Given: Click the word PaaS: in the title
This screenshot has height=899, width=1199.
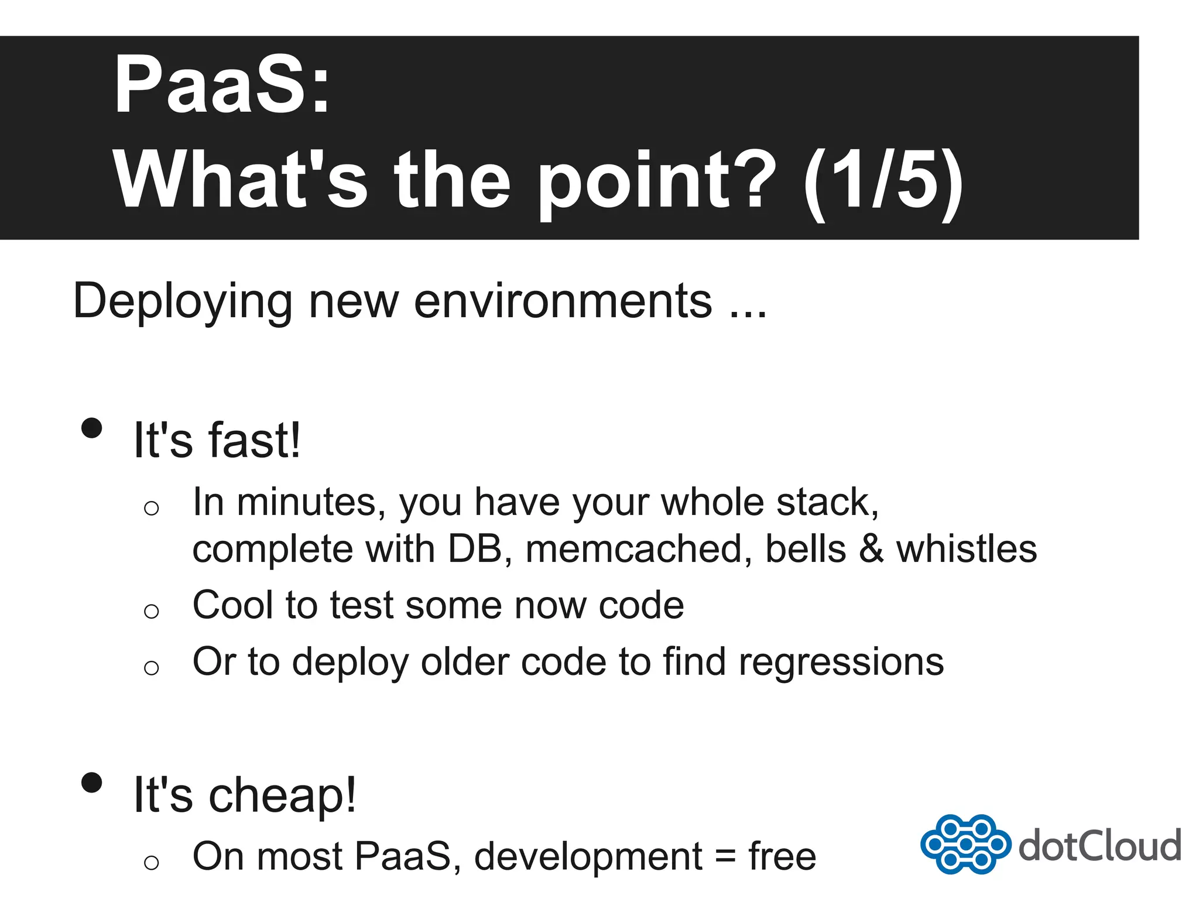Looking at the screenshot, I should point(221,85).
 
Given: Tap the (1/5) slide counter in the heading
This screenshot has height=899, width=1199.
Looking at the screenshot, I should point(883,180).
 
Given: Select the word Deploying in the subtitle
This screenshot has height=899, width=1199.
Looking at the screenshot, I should point(182,302).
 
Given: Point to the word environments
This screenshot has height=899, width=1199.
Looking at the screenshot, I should point(563,302).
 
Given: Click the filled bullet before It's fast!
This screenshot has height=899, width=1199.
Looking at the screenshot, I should point(92,428).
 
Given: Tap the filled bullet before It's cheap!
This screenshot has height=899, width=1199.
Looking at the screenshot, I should point(92,782).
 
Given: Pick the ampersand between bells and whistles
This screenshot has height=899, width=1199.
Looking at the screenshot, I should point(871,549).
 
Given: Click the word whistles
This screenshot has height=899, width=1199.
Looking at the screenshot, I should point(967,549).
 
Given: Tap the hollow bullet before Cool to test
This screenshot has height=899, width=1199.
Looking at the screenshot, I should point(151,611).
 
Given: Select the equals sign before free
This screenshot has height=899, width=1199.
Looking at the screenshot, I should point(725,857).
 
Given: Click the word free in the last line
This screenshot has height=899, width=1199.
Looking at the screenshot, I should point(782,856).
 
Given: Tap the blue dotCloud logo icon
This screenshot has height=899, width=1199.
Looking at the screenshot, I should point(965,843).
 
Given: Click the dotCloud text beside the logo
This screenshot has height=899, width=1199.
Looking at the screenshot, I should point(1099,846).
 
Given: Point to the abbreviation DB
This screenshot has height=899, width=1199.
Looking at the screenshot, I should point(475,549).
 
